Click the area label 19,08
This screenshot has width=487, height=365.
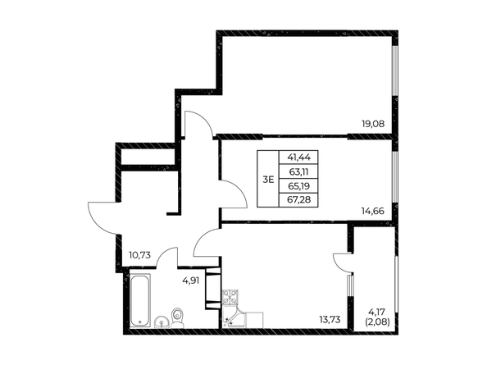(373, 124)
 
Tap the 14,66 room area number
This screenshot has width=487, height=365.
(373, 212)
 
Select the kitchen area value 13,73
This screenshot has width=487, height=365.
(330, 319)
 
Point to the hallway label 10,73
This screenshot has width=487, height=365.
(139, 255)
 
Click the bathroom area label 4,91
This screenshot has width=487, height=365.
(191, 281)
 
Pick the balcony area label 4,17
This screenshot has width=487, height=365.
(376, 310)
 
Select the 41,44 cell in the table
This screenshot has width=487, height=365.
(298, 157)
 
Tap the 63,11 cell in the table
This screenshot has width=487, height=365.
(298, 171)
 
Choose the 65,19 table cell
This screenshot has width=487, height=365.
(298, 186)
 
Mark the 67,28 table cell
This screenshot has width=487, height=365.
(298, 200)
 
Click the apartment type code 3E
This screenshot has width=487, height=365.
(268, 180)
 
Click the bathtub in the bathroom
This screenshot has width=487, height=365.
(139, 300)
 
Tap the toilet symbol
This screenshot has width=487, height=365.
(177, 317)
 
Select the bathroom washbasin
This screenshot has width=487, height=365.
(162, 322)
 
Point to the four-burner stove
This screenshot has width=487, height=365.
(230, 297)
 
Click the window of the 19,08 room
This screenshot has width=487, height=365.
(394, 71)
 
